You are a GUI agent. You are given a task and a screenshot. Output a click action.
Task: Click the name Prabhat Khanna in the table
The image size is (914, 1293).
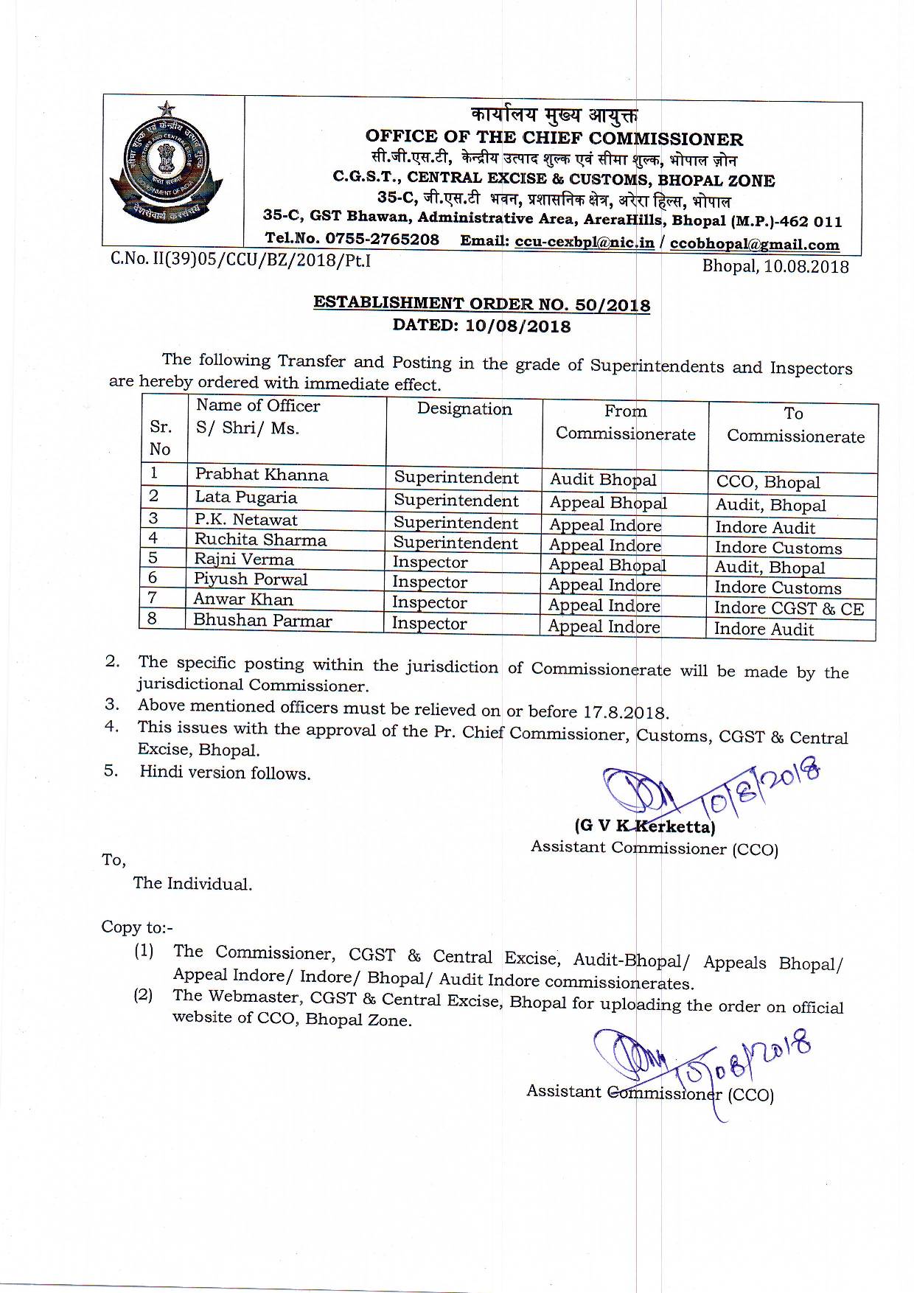coord(261,475)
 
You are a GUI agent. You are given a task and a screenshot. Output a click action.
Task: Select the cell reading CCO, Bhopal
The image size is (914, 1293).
coord(767,483)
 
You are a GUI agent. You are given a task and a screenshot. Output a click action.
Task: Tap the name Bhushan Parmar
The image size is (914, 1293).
coord(262,620)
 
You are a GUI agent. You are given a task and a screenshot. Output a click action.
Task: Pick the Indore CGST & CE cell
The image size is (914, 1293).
coord(789,608)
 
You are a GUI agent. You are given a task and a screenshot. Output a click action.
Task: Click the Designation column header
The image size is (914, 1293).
coord(464,409)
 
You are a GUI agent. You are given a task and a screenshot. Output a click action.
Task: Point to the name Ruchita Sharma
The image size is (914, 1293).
coord(260,540)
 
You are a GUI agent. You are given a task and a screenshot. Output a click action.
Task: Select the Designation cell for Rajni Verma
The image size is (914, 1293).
coord(430,562)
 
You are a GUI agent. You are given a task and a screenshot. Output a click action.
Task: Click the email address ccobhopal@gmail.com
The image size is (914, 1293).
coord(755,244)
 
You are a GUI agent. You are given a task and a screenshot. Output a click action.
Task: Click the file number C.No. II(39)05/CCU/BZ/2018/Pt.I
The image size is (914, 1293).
coord(240,260)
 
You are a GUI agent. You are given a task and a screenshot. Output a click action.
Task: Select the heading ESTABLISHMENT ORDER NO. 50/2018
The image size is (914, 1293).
coord(482,304)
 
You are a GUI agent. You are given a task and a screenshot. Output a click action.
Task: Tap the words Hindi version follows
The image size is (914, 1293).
coord(225,773)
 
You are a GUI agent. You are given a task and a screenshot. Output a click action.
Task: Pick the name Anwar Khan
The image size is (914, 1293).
coord(243,599)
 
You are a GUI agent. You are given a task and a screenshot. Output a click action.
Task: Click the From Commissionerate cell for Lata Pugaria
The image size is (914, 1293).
coord(608,503)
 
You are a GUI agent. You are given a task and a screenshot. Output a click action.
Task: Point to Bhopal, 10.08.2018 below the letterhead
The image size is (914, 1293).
coord(775,266)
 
